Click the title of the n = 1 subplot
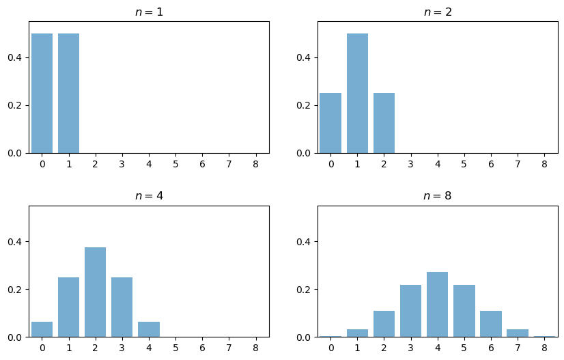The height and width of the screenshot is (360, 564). [x=149, y=12]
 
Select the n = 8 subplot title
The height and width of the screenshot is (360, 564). [x=438, y=196]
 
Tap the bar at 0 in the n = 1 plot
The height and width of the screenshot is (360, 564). [x=42, y=93]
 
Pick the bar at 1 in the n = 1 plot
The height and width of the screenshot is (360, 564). [x=69, y=93]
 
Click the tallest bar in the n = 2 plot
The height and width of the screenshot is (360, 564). [x=357, y=93]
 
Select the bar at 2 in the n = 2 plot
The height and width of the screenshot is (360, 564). [x=384, y=123]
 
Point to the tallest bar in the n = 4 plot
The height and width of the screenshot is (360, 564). [x=95, y=292]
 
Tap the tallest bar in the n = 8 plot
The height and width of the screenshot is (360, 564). [x=437, y=305]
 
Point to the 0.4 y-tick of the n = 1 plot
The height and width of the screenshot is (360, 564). [x=16, y=57]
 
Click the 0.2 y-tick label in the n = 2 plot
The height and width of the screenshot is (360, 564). [x=305, y=105]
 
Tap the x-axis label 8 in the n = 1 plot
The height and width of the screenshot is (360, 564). [x=256, y=164]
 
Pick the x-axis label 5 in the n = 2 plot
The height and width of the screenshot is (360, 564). [x=464, y=164]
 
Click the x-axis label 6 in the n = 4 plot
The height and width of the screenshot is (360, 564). [x=202, y=348]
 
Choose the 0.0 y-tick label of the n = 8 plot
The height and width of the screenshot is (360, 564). [x=305, y=337]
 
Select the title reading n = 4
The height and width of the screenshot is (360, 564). [x=149, y=196]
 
